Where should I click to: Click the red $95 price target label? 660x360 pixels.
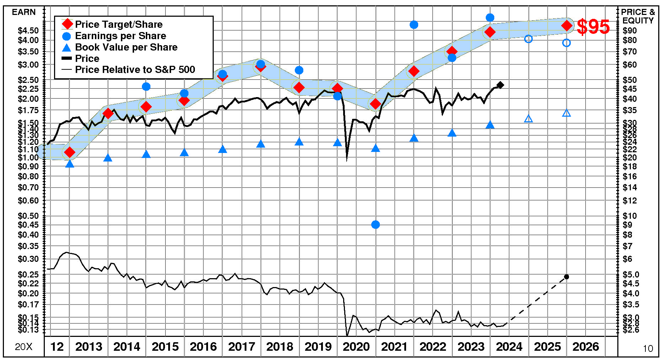[x=593, y=27]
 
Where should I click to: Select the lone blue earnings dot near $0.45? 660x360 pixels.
[x=376, y=224]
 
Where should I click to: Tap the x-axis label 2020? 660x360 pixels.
[x=356, y=347]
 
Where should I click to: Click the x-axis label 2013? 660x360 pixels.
[x=89, y=347]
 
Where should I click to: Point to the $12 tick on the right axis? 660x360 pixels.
[x=629, y=201]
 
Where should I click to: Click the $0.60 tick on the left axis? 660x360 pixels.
[x=28, y=201]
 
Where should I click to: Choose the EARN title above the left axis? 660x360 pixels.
[x=24, y=12]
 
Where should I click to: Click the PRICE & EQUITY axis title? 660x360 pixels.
[x=638, y=16]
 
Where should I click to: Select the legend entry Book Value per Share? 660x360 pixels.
[x=126, y=47]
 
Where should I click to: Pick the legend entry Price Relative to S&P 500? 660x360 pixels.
[x=135, y=69]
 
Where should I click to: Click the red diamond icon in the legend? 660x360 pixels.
[x=67, y=25]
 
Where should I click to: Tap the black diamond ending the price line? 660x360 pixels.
[x=500, y=85]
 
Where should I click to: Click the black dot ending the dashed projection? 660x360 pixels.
[x=566, y=277]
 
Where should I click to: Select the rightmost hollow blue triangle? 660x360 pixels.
[x=567, y=113]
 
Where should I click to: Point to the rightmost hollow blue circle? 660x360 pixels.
[x=566, y=43]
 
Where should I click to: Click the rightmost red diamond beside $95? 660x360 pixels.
[x=566, y=26]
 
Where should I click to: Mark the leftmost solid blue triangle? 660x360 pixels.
[x=70, y=164]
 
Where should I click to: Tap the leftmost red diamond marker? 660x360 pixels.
[x=69, y=152]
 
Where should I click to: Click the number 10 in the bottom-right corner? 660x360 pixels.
[x=648, y=349]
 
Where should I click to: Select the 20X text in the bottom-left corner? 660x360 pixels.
[x=23, y=347]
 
